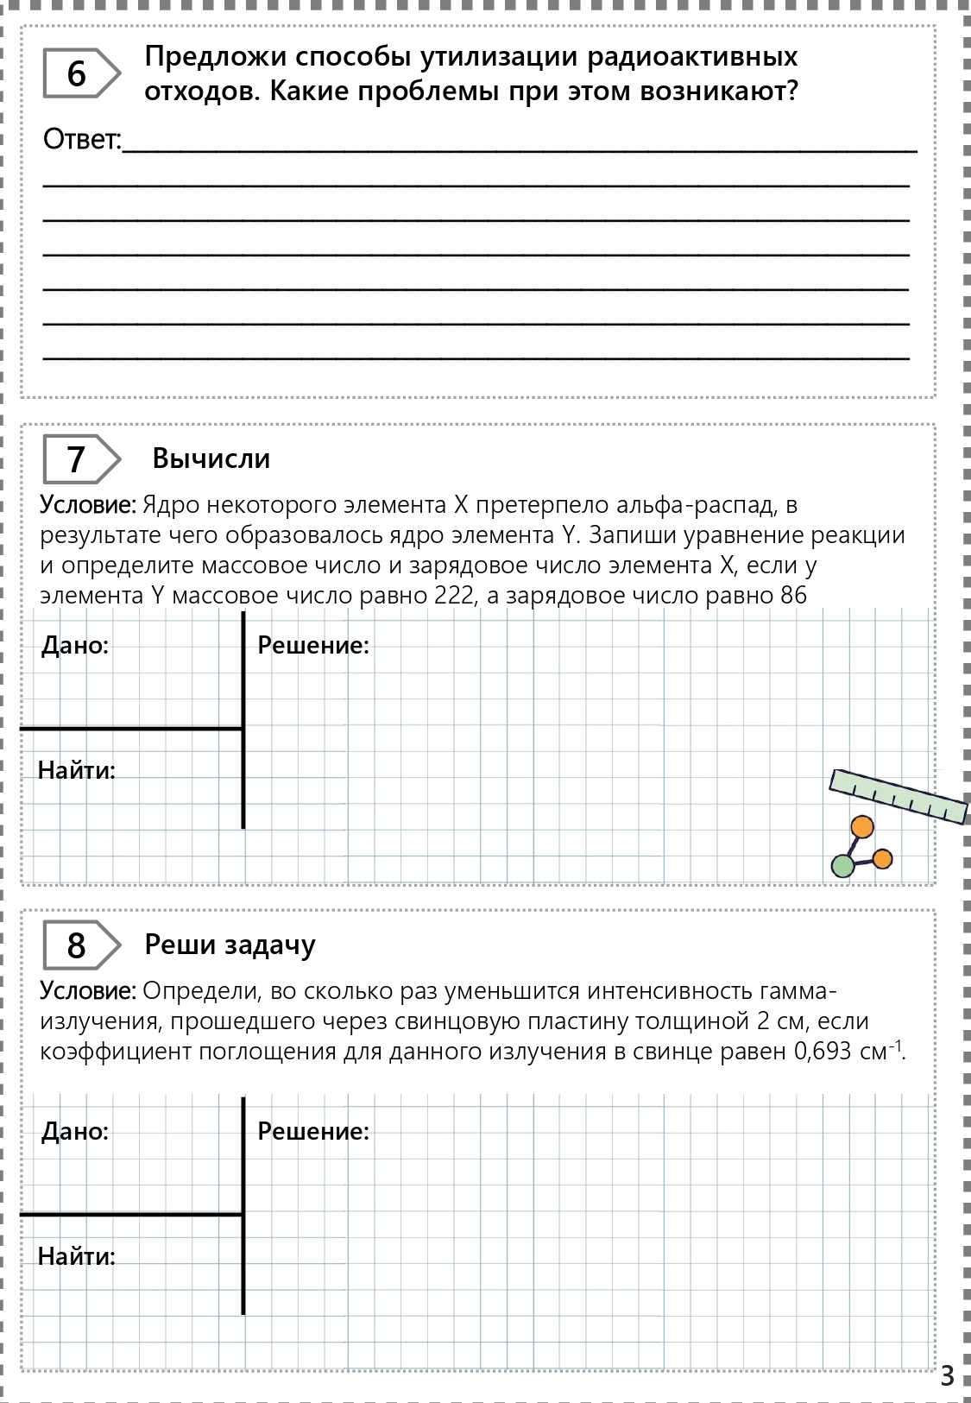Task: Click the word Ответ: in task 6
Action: coord(83,140)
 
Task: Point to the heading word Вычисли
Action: coord(211,458)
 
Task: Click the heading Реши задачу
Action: coord(230,945)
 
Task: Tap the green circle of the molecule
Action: coord(842,866)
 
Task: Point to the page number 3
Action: coord(947,1375)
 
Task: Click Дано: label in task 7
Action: coord(75,645)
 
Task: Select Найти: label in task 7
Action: coord(77,770)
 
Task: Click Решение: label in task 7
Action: coord(313,645)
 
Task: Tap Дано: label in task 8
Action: coord(75,1131)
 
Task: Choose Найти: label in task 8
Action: coord(77,1256)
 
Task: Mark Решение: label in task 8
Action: coord(313,1131)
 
